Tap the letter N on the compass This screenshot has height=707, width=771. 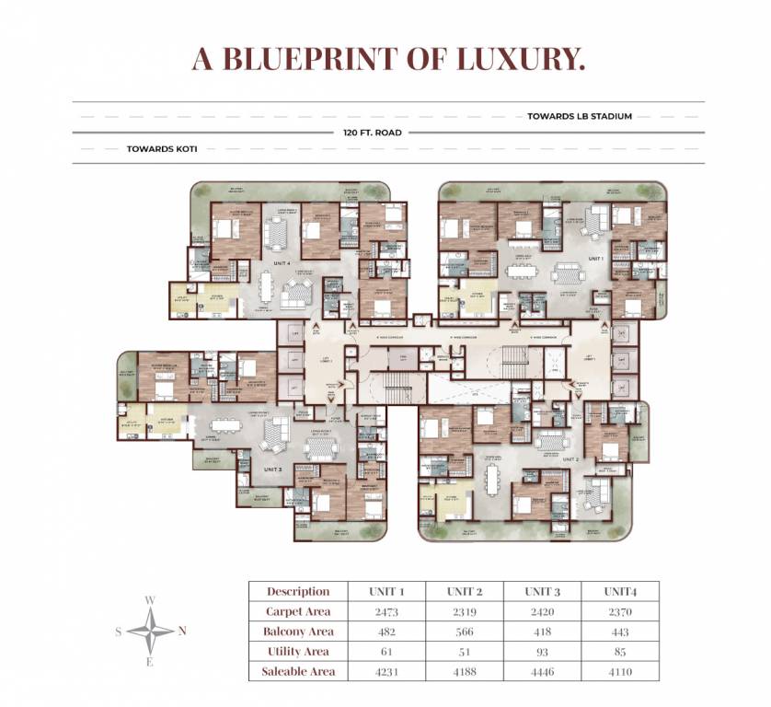coord(181,631)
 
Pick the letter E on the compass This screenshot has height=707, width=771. coord(150,661)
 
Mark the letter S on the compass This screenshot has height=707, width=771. coord(119,632)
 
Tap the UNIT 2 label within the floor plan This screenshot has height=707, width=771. coord(570,458)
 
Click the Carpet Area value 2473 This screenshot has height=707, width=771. coord(386,611)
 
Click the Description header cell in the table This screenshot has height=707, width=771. coord(298,591)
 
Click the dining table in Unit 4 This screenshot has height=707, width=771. coord(267,287)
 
